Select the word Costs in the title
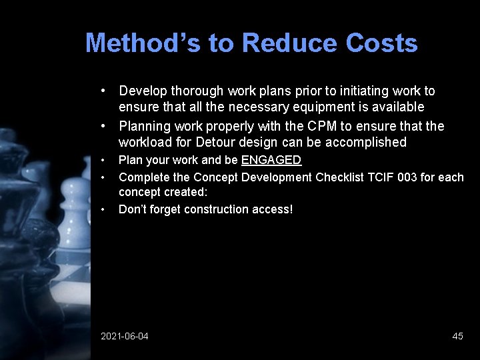click(382, 43)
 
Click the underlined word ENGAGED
click(271, 160)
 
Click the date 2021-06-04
click(125, 336)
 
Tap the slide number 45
click(457, 336)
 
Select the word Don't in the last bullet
click(131, 209)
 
